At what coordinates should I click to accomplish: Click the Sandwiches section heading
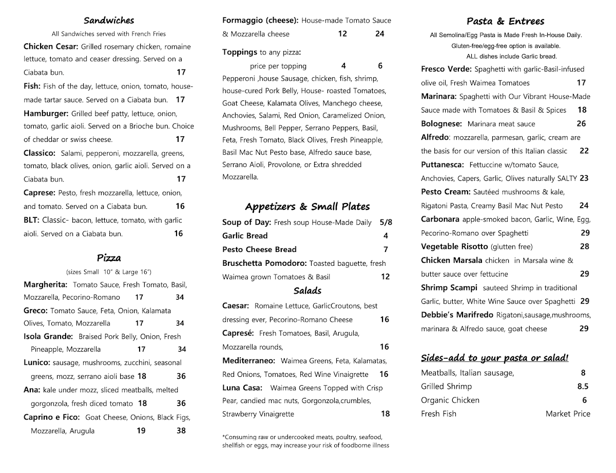tap(109, 21)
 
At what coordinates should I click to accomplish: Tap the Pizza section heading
tap(109, 258)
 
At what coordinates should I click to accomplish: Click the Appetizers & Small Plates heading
tap(307, 207)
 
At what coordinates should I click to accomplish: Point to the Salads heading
tap(307, 291)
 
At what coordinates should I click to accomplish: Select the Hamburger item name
tap(46, 114)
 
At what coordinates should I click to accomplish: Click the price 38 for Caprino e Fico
tap(181, 431)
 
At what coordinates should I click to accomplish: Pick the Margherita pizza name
tap(46, 284)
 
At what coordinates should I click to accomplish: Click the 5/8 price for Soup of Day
tap(386, 223)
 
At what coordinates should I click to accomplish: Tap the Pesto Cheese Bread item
tap(259, 249)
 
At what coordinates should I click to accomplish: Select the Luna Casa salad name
tap(242, 388)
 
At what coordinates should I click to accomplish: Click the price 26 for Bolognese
tap(581, 123)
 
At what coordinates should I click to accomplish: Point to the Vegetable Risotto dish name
tap(454, 247)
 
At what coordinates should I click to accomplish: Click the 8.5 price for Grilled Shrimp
tap(583, 387)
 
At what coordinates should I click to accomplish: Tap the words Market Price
tap(568, 414)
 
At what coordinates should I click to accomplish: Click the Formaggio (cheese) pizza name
tap(260, 21)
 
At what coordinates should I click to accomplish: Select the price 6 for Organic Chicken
tap(584, 400)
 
